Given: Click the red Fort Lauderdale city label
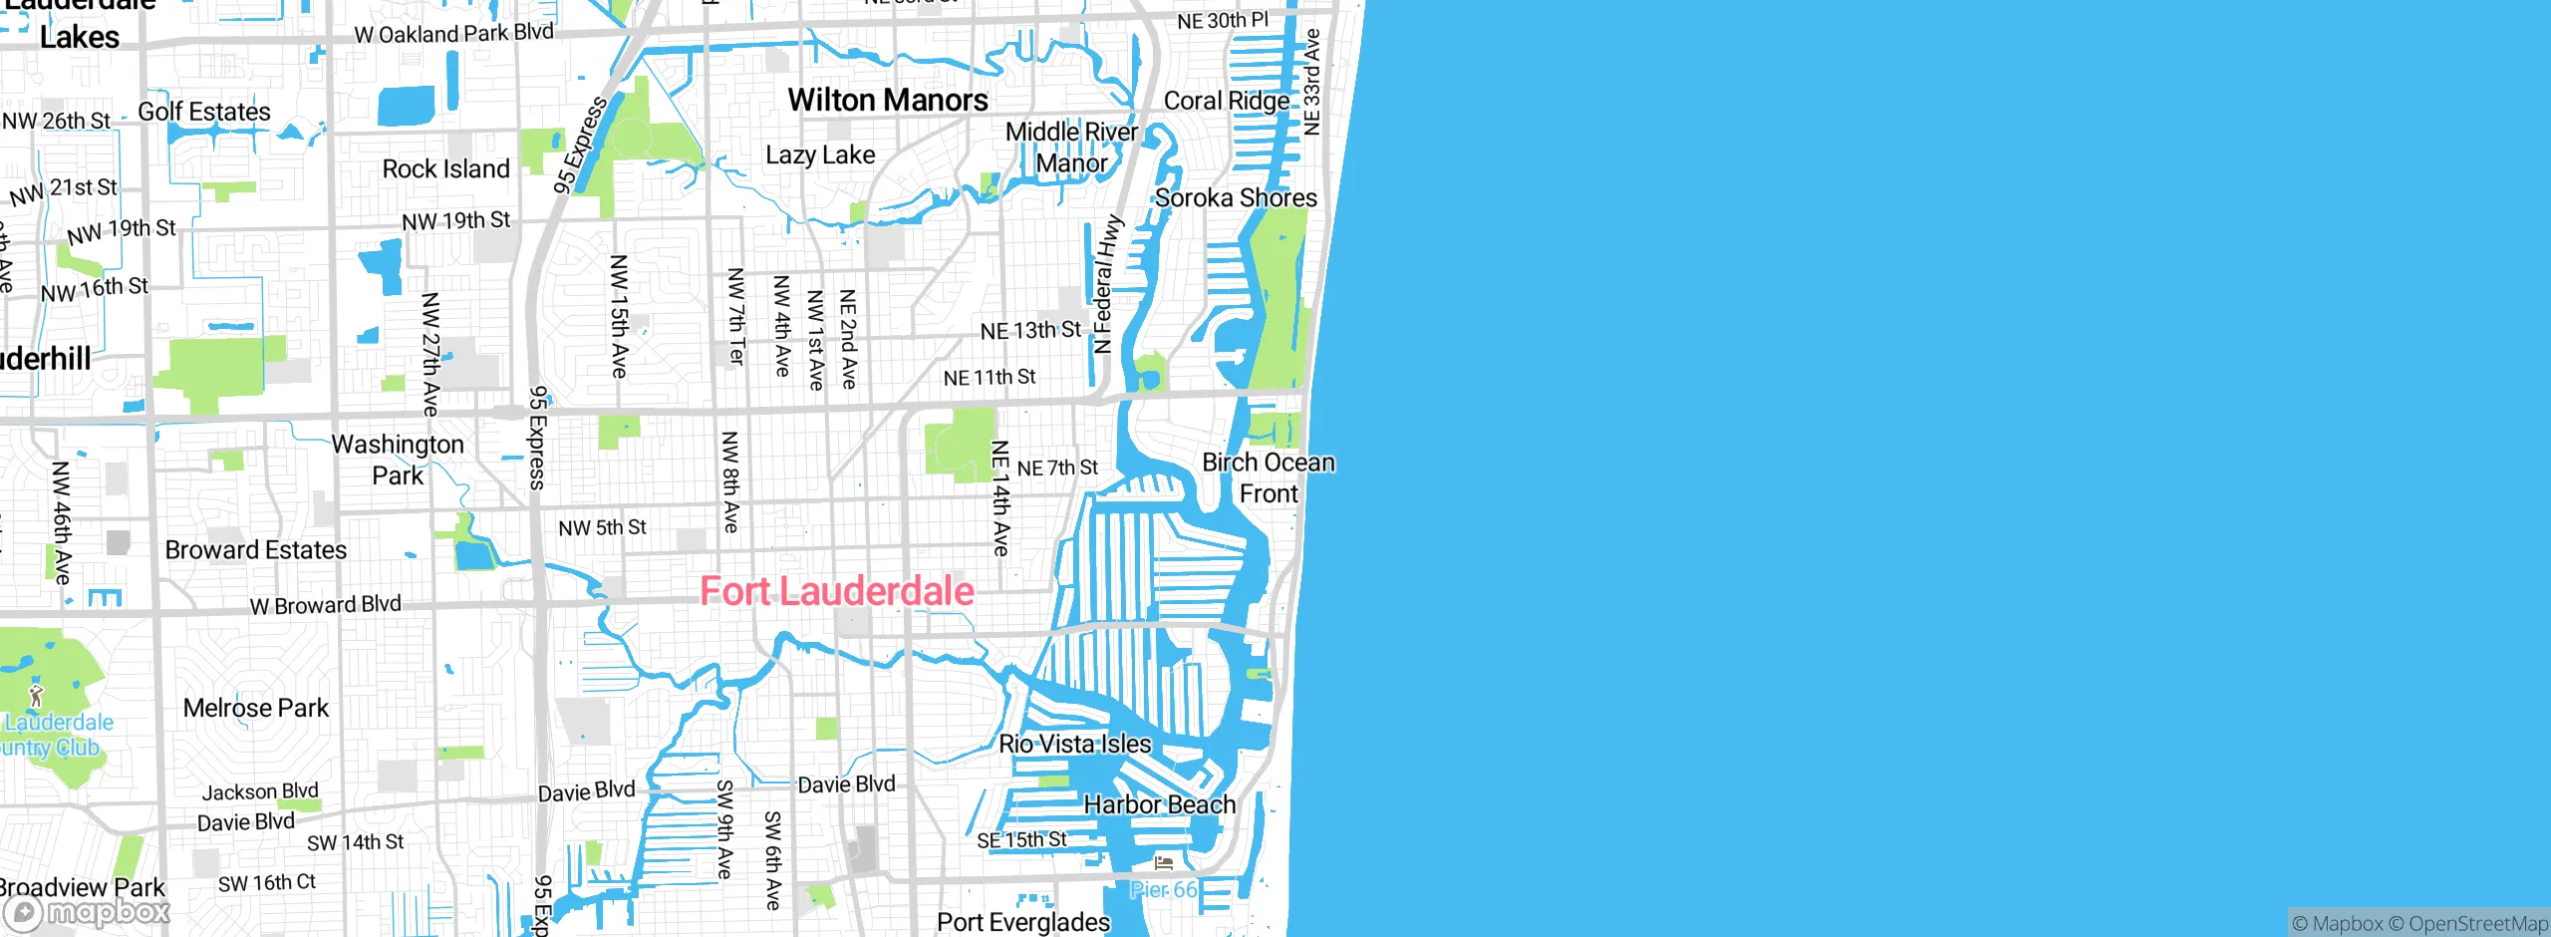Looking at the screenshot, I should point(836,591).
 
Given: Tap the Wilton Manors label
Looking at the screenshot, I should point(888,100).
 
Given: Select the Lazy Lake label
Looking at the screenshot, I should point(820,155).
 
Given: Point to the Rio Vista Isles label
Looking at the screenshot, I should point(1074,744).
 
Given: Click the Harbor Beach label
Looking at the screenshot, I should point(1159,804).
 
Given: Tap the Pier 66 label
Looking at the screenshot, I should point(1163,890).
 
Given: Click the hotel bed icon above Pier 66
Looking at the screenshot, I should point(1163,862).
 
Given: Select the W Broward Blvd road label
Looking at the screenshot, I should point(325,605).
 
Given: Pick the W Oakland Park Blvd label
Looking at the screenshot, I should point(453,33).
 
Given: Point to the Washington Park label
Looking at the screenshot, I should point(398,460).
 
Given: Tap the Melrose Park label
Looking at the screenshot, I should point(255,708).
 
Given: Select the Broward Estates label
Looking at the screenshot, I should point(255,550).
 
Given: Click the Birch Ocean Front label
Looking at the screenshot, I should point(1268,477).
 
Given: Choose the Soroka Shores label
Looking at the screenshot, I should point(1236,197).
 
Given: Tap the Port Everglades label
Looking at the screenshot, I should point(1022,922).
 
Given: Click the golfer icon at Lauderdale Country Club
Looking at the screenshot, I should point(36,695).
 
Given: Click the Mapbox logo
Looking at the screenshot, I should point(88,912).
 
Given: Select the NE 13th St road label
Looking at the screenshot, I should point(1029,330).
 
